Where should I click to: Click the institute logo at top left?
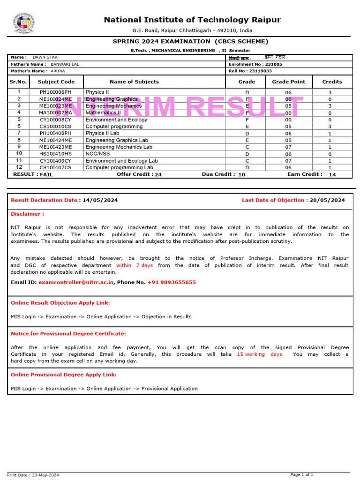tap(24, 23)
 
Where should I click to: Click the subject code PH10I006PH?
tap(56, 92)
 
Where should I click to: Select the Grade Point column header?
tap(288, 82)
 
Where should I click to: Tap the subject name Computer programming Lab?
tap(119, 167)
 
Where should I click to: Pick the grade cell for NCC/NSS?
tap(247, 154)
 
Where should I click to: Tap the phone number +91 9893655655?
tap(172, 282)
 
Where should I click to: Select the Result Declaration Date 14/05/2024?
tap(100, 200)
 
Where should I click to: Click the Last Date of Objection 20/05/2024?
tap(327, 200)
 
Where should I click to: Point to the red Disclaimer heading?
tap(27, 214)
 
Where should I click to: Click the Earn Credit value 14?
tap(332, 174)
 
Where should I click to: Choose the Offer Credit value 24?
tap(158, 174)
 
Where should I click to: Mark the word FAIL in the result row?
tap(46, 174)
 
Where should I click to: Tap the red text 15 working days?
tap(259, 354)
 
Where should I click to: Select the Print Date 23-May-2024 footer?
tap(33, 475)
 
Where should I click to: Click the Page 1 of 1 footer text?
tap(301, 475)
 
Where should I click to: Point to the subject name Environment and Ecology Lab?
tap(121, 161)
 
